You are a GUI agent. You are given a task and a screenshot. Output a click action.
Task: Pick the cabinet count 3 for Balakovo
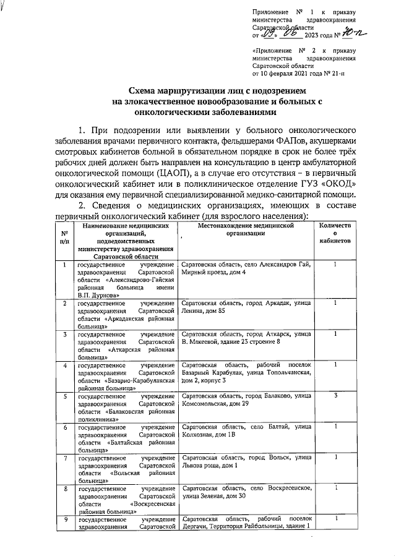pos(335,395)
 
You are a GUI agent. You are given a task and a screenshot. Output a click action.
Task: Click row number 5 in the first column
pos(64,395)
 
